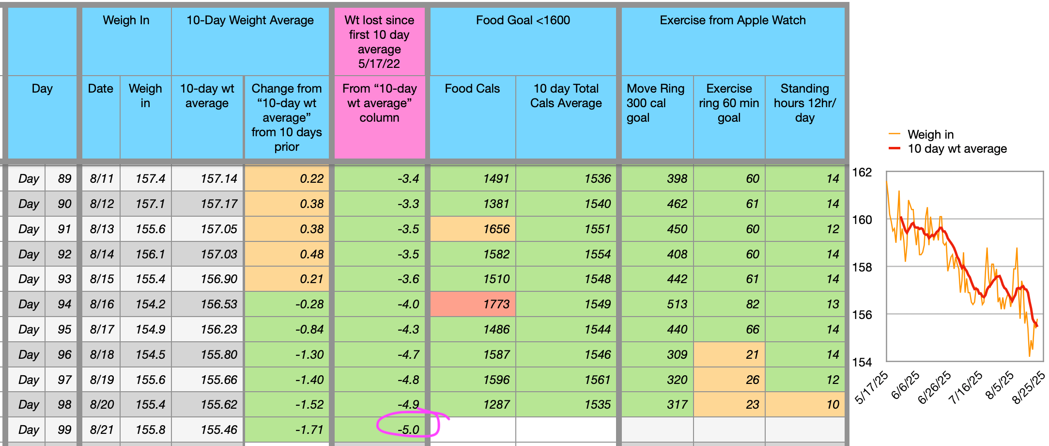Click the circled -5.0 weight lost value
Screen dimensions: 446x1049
408,430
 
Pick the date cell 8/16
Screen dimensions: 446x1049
101,304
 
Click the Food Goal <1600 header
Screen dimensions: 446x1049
523,20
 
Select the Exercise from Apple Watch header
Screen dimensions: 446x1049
732,20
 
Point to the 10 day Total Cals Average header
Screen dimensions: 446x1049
566,96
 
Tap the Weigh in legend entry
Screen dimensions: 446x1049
930,134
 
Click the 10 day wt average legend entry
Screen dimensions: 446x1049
956,149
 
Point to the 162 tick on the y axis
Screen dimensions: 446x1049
862,172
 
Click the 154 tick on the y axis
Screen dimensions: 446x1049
862,362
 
